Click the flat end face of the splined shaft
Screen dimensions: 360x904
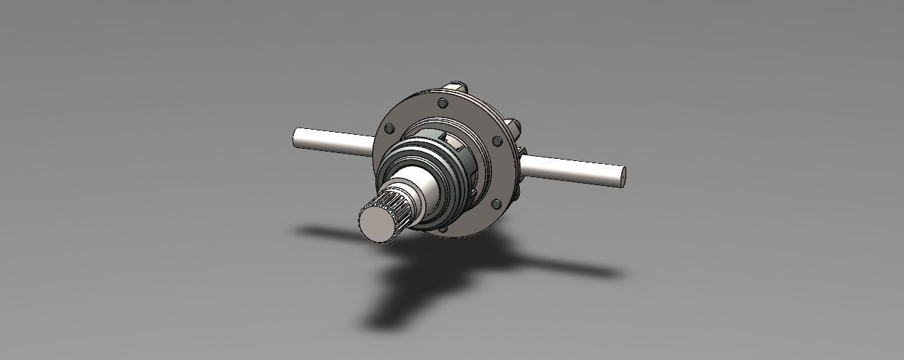coord(376,222)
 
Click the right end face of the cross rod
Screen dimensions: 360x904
coord(623,176)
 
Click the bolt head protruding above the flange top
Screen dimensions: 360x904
coord(456,87)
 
